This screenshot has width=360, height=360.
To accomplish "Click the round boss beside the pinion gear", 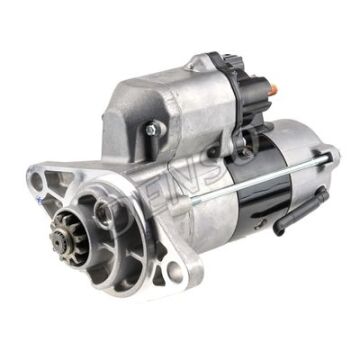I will [105, 212].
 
